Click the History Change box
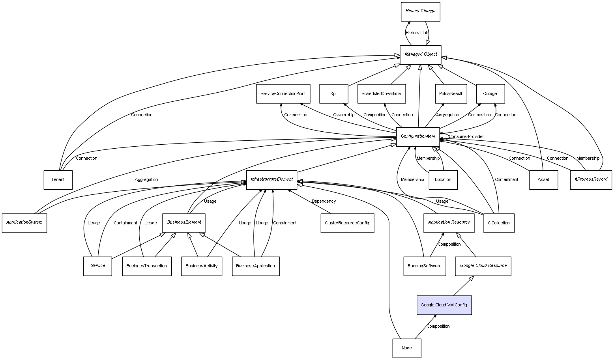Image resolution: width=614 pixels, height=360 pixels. [420, 11]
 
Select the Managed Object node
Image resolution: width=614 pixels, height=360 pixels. [421, 55]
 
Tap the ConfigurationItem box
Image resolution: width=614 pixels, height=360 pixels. [418, 137]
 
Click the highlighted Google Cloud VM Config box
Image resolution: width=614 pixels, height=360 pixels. [444, 305]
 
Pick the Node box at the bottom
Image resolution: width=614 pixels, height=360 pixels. [406, 348]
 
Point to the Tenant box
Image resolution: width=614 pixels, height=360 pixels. [58, 180]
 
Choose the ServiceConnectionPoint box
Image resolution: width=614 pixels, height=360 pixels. [283, 94]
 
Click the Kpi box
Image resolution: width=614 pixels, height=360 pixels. [333, 94]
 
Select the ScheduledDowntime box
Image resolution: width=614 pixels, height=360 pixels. [381, 94]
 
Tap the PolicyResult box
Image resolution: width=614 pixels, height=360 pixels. [451, 94]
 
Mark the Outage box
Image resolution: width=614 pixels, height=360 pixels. [490, 94]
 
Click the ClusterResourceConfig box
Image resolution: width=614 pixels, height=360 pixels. [347, 223]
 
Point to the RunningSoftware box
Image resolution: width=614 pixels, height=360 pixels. [425, 266]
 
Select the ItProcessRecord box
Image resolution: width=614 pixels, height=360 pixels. [591, 180]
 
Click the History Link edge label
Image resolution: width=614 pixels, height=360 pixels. [417, 33]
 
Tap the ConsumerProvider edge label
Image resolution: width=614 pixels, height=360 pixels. [466, 137]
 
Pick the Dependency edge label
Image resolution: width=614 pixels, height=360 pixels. [324, 201]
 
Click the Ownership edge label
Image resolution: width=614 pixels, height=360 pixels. [344, 115]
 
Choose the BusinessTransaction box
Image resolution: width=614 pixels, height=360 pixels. [147, 266]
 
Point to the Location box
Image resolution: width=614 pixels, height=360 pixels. [443, 180]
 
